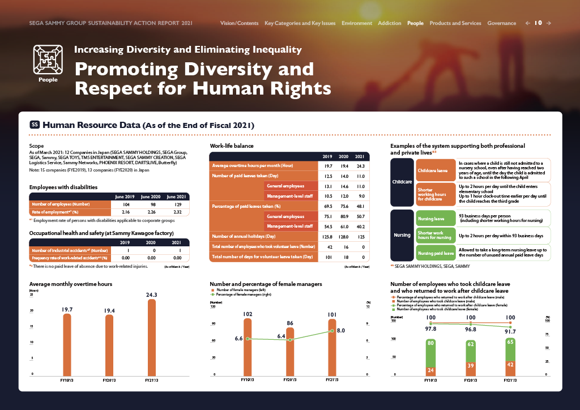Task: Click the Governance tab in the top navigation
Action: tap(501, 23)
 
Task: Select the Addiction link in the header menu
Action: tap(389, 23)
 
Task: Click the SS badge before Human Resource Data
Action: tap(35, 125)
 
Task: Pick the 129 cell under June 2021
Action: tap(177, 204)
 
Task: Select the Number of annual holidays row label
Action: tap(244, 236)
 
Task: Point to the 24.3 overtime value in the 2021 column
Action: tap(359, 165)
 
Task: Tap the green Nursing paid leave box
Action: tap(436, 253)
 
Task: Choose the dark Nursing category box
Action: tap(402, 234)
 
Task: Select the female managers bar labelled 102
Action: tap(248, 346)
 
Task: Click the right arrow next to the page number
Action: tap(548, 23)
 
